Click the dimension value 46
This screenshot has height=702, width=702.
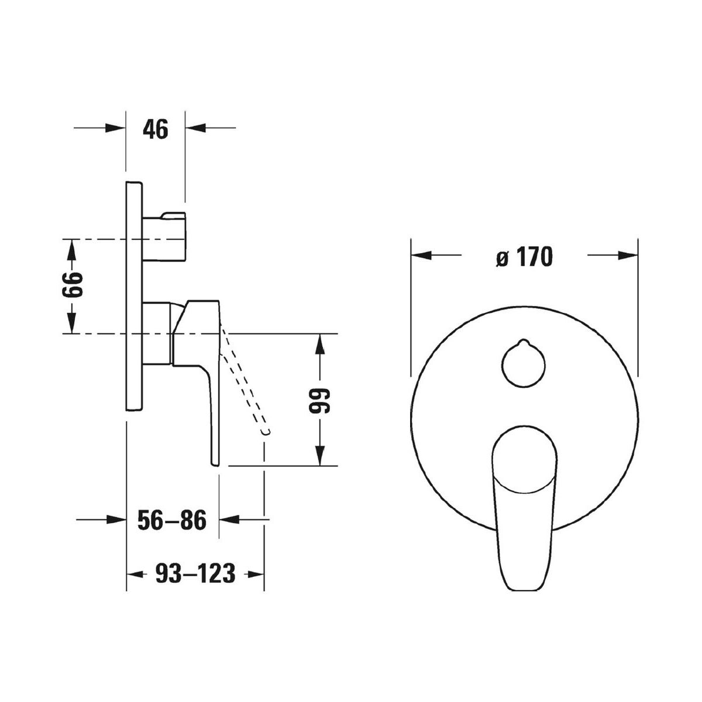(x=156, y=130)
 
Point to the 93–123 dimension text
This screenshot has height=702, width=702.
(x=195, y=573)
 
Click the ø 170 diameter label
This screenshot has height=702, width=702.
(x=524, y=256)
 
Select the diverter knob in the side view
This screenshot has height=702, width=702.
(x=164, y=237)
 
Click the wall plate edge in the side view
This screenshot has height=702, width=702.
(x=135, y=297)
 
